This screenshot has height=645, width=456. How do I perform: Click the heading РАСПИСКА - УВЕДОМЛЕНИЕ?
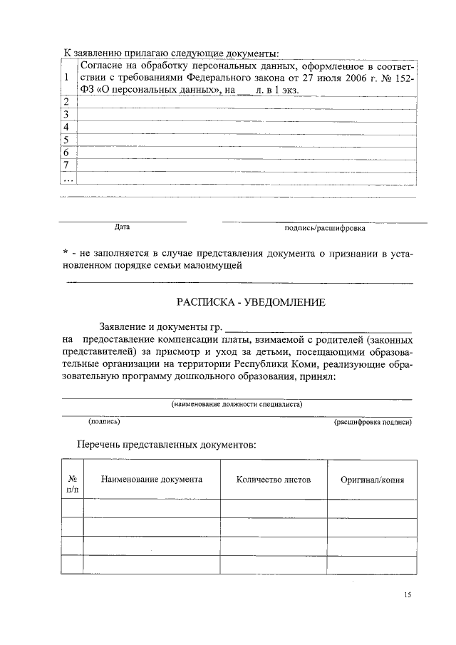tap(251, 303)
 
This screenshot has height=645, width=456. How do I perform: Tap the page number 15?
tap(407, 593)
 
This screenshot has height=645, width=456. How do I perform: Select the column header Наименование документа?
tap(152, 480)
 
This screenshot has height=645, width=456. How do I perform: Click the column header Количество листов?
tap(274, 480)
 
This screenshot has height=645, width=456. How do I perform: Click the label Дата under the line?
tap(122, 228)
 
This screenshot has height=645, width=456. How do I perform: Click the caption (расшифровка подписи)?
tap(373, 423)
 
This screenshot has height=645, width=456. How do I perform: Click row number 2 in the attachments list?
tap(66, 102)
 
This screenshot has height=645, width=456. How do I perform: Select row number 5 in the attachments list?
tap(66, 140)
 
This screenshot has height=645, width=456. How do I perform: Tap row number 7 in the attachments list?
tap(66, 165)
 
